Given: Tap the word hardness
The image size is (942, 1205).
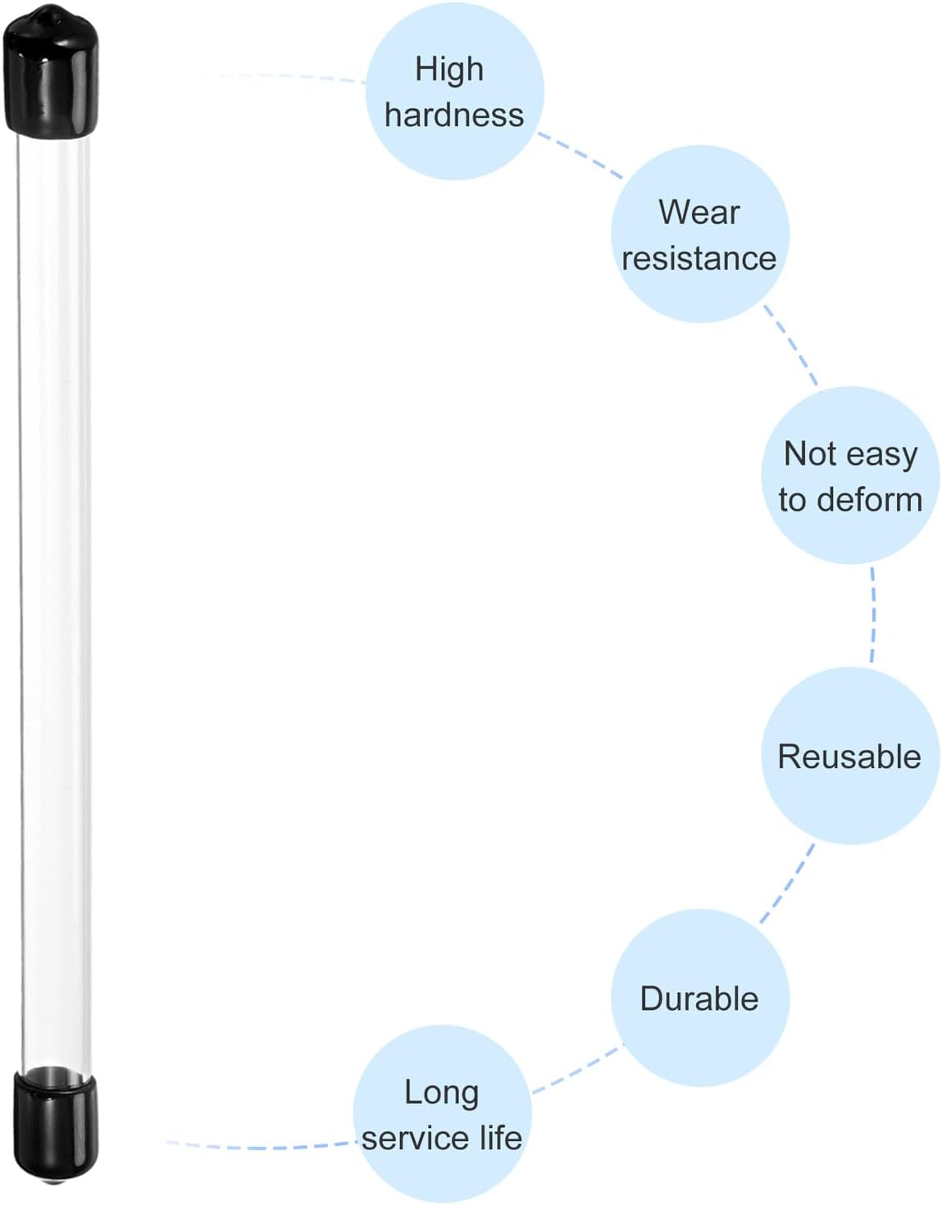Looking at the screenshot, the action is pos(454,115).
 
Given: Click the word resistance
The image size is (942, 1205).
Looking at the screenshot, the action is pos(699,258).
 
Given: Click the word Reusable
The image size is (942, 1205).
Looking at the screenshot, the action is pos(849,757).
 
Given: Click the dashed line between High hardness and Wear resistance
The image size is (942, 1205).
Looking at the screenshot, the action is pos(580,155).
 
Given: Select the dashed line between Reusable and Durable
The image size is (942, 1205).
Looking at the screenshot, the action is pos(787,884).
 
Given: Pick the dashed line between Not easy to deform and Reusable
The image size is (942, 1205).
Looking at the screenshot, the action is pos(874,614).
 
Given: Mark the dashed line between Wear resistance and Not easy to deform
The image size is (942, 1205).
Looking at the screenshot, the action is pos(790,344).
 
